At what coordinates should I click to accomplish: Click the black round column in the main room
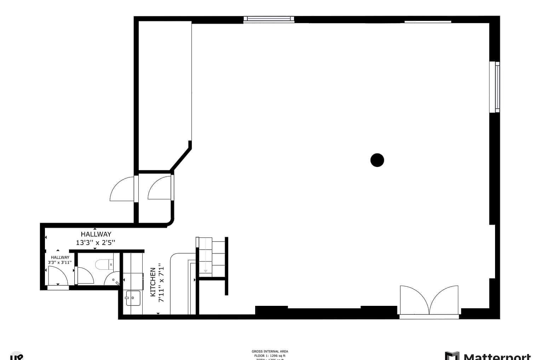[x=377, y=160]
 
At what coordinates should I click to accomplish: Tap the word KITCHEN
[x=153, y=282]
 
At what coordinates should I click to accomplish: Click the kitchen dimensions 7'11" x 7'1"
[x=161, y=282]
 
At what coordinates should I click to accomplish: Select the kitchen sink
[x=133, y=298]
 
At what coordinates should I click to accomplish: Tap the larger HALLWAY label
[x=96, y=234]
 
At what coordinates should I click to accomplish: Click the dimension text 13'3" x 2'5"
[x=96, y=243]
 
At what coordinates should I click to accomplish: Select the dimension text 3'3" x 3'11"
[x=60, y=263]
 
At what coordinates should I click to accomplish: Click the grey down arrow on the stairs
[x=206, y=270]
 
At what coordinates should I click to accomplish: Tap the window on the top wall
[x=269, y=19]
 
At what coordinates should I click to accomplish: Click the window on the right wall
[x=495, y=87]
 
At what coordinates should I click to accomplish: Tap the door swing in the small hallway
[x=58, y=276]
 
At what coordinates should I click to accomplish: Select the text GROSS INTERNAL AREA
[x=270, y=352]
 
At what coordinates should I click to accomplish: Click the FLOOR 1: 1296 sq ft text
[x=270, y=356]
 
